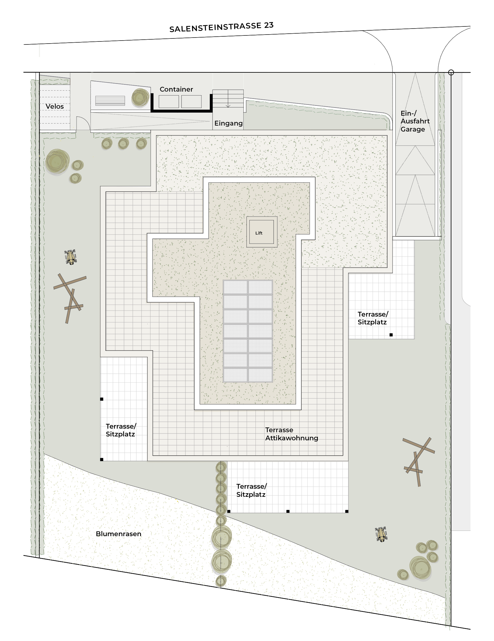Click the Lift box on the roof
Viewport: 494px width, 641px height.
262,232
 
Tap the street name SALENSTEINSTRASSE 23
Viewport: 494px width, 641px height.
221,27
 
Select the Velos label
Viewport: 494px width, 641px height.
55,106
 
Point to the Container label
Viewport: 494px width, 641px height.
176,89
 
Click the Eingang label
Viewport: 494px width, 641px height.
228,123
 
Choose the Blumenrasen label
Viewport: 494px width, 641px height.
119,534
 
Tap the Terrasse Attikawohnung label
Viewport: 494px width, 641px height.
291,434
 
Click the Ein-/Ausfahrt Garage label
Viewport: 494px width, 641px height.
415,121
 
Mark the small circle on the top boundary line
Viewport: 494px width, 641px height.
451,72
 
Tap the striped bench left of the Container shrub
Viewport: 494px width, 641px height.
110,101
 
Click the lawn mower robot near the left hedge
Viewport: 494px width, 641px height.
71,257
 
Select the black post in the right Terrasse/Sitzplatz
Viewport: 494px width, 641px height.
391,335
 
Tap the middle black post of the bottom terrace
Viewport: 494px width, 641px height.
288,511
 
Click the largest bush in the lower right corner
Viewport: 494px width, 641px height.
420,567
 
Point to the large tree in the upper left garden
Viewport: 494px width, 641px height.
57,161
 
